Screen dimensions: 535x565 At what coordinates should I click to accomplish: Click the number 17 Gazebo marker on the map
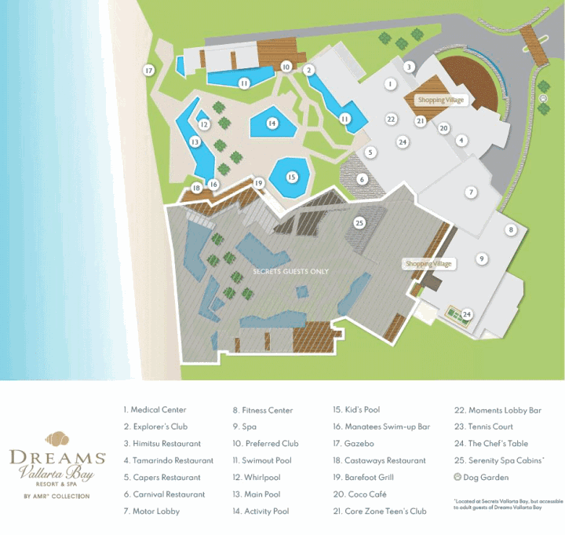(x=148, y=71)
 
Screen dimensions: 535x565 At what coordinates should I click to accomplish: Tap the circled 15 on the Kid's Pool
(x=292, y=178)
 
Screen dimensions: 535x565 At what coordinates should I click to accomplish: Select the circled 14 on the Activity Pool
(x=272, y=123)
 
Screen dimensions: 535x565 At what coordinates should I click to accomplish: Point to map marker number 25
(x=359, y=223)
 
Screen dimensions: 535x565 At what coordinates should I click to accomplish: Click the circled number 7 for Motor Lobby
(x=471, y=192)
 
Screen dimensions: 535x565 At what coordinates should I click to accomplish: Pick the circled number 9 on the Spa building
(x=482, y=258)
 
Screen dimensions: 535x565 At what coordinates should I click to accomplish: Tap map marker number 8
(x=511, y=230)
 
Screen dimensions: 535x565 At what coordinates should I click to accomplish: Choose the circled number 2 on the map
(x=310, y=70)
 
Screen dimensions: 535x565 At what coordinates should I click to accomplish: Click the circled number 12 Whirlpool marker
(x=204, y=124)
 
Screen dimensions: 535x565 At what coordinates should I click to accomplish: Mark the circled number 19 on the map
(x=258, y=183)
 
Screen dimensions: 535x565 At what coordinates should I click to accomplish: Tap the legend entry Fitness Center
(x=266, y=410)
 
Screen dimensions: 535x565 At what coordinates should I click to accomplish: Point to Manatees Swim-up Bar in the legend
(x=381, y=427)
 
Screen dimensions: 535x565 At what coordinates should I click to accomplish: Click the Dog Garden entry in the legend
(x=487, y=478)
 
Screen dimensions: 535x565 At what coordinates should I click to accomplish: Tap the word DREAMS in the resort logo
(x=57, y=456)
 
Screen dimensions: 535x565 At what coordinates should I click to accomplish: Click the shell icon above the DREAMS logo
(x=56, y=439)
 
